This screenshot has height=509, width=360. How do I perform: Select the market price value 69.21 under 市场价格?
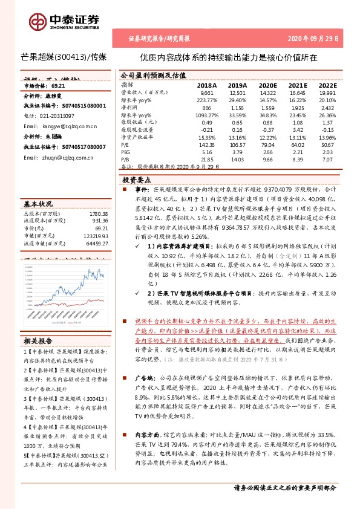pos(58,86)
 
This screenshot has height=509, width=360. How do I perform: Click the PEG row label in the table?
pos(126,152)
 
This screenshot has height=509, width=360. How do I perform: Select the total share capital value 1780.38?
pos(98,213)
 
